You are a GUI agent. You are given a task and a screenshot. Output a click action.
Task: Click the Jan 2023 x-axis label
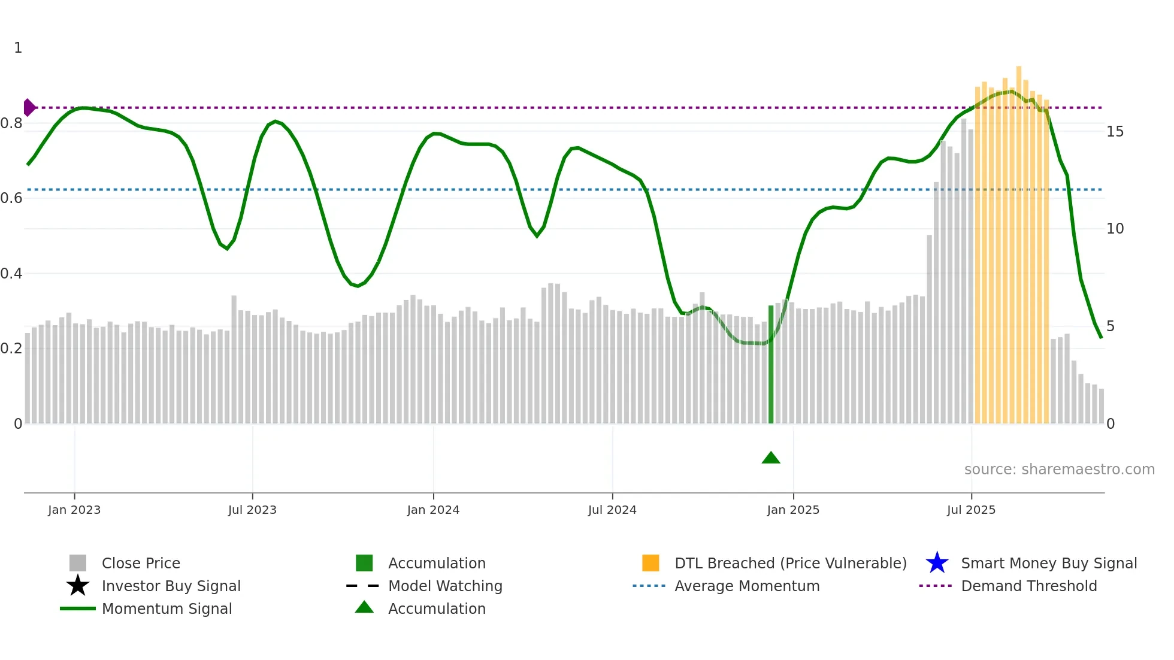point(74,510)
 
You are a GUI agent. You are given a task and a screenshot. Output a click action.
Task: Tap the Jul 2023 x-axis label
point(252,510)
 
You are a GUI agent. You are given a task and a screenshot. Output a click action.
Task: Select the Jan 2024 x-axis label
point(433,510)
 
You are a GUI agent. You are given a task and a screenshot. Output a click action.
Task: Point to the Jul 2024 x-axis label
point(612,510)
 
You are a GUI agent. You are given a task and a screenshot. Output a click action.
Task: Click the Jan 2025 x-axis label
point(793,510)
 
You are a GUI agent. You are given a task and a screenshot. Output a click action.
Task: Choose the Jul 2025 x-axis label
point(971,510)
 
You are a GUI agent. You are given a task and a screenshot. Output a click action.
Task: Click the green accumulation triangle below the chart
point(771,458)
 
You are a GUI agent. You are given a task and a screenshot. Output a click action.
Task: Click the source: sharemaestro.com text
point(1059,470)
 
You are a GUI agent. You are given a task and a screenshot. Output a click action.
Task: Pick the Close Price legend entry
point(141,564)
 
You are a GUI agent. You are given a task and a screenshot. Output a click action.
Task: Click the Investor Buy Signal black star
point(78,586)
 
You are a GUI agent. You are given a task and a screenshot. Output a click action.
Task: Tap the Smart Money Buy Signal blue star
point(937,563)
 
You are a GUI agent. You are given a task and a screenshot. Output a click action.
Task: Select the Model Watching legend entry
point(445,586)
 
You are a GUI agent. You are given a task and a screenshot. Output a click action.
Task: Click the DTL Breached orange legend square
point(650,563)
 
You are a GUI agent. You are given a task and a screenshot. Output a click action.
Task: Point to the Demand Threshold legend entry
point(1028,586)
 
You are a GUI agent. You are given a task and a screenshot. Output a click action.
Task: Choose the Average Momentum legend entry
point(747,586)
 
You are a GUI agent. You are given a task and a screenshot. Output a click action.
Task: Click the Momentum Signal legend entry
point(167,609)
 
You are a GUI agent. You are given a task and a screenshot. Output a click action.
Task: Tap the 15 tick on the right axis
point(1115,132)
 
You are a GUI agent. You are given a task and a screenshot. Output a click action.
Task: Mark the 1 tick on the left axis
point(18,48)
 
